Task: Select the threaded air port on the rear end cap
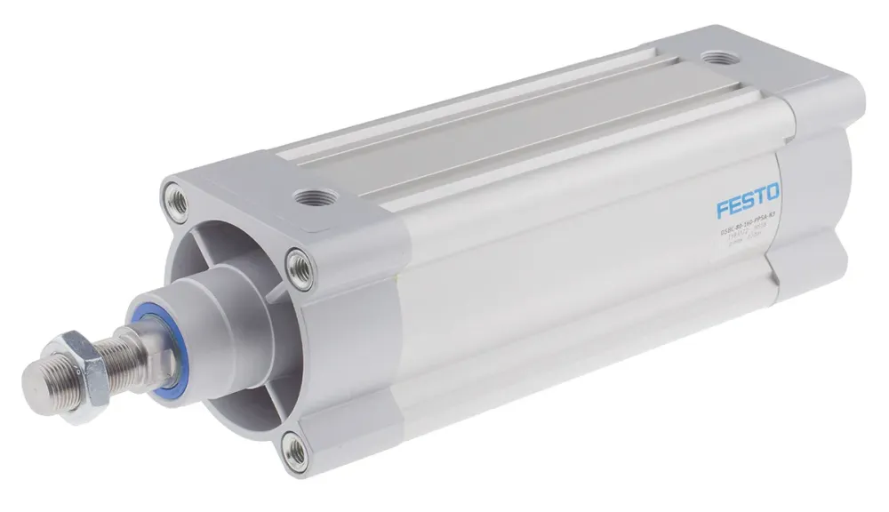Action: [x=715, y=60]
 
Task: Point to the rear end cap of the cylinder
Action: [x=818, y=178]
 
